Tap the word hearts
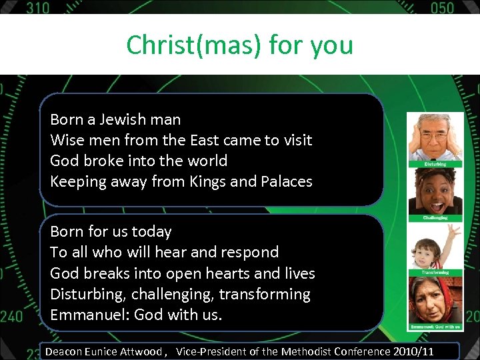[x=225, y=273]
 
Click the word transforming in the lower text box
[x=265, y=294]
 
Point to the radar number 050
[x=441, y=8]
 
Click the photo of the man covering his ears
[x=435, y=137]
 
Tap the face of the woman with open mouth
[x=435, y=190]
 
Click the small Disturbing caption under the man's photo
[x=435, y=164]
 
